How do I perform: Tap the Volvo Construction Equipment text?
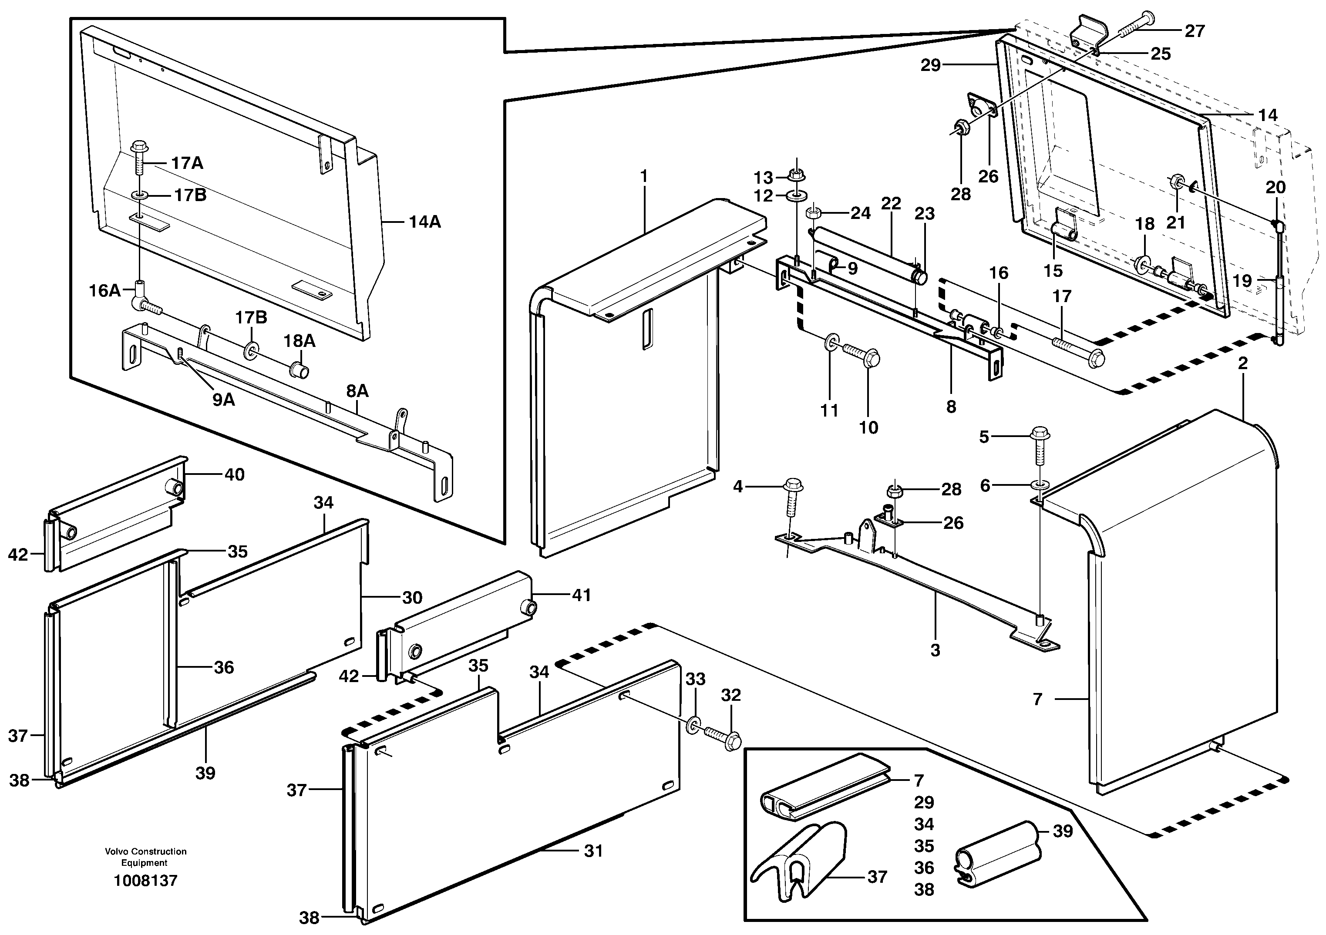pyautogui.click(x=145, y=857)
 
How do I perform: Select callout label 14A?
pyautogui.click(x=424, y=222)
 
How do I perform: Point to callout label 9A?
pyautogui.click(x=223, y=399)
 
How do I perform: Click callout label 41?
pyautogui.click(x=581, y=595)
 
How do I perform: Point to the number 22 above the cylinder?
pyautogui.click(x=891, y=203)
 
